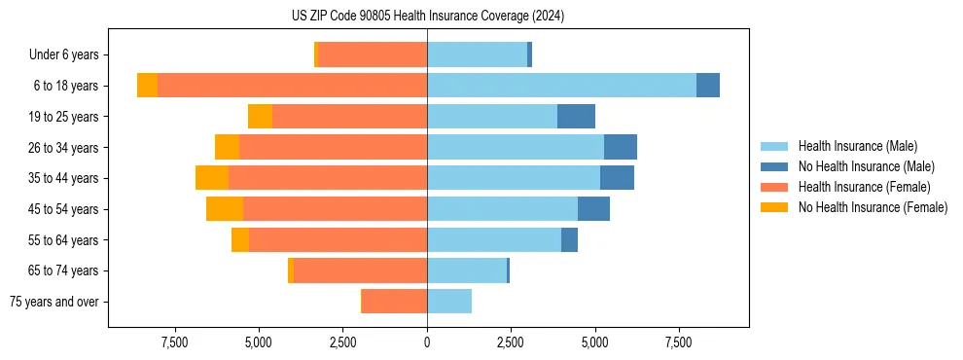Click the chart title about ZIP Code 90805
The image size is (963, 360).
coord(428,17)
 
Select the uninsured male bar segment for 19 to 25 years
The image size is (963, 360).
coord(576,117)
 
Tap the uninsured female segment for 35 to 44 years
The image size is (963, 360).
coord(212,178)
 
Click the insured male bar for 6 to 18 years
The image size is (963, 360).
coord(561,86)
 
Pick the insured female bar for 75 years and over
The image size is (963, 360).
coord(394,302)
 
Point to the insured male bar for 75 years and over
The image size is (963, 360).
coord(449,302)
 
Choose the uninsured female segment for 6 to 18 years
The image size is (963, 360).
coord(147,86)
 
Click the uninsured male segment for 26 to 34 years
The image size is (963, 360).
coord(621,147)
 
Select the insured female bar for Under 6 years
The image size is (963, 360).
coord(373,54)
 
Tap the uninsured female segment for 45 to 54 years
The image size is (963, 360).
coord(225,209)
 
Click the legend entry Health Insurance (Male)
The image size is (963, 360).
coord(857,146)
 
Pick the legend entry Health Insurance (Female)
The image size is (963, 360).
coord(864,187)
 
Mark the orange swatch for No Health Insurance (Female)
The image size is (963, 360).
coord(774,207)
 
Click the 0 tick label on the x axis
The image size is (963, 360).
coord(427,342)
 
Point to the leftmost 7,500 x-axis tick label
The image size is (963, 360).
coord(175,342)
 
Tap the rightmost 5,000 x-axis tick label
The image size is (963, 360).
coord(594,342)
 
